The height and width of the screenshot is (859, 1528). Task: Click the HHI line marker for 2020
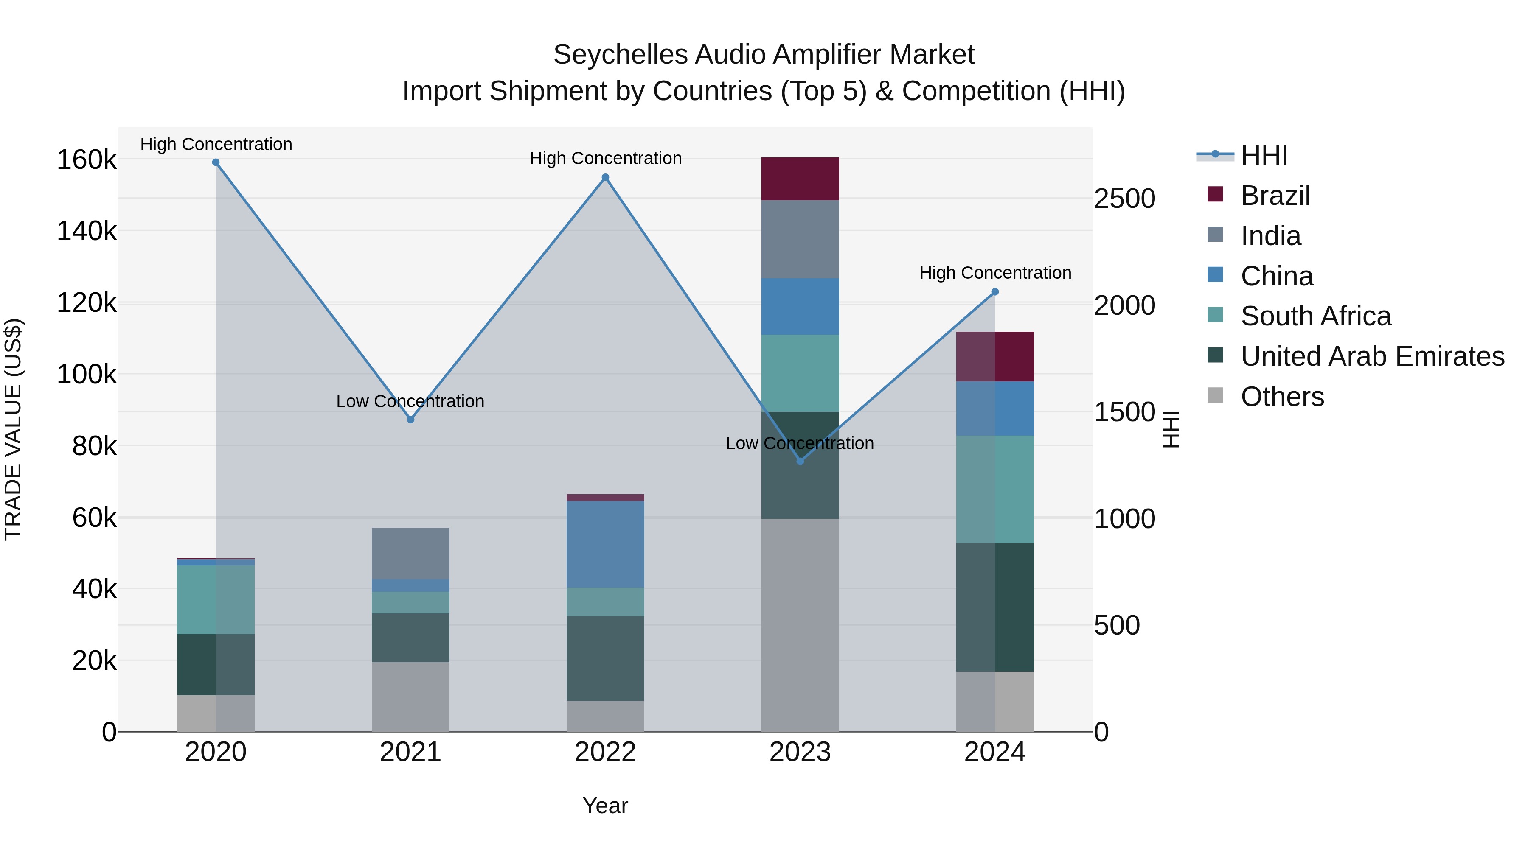tap(216, 162)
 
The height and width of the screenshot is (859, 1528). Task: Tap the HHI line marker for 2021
tap(410, 420)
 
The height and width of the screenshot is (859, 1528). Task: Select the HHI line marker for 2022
tap(605, 177)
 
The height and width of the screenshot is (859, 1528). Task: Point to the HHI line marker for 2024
tap(995, 292)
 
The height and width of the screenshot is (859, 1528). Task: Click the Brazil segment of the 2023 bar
tap(800, 179)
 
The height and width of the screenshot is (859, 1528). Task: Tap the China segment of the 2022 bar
tap(605, 544)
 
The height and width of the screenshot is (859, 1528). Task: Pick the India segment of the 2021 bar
tap(410, 553)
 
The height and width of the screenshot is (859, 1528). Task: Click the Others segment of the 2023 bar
tap(800, 625)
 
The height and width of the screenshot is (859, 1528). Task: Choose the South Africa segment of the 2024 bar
tap(995, 489)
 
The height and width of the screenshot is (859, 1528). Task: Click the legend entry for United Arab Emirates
tap(1372, 356)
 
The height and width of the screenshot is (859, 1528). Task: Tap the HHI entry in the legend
tap(1264, 155)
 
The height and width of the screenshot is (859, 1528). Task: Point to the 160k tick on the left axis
tap(87, 159)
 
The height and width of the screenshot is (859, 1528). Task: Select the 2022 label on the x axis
tap(605, 752)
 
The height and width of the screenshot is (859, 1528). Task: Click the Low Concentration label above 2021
tap(410, 401)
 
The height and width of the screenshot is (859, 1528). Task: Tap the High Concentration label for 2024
tap(995, 273)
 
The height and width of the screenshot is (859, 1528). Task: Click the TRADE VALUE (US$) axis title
tap(13, 429)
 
